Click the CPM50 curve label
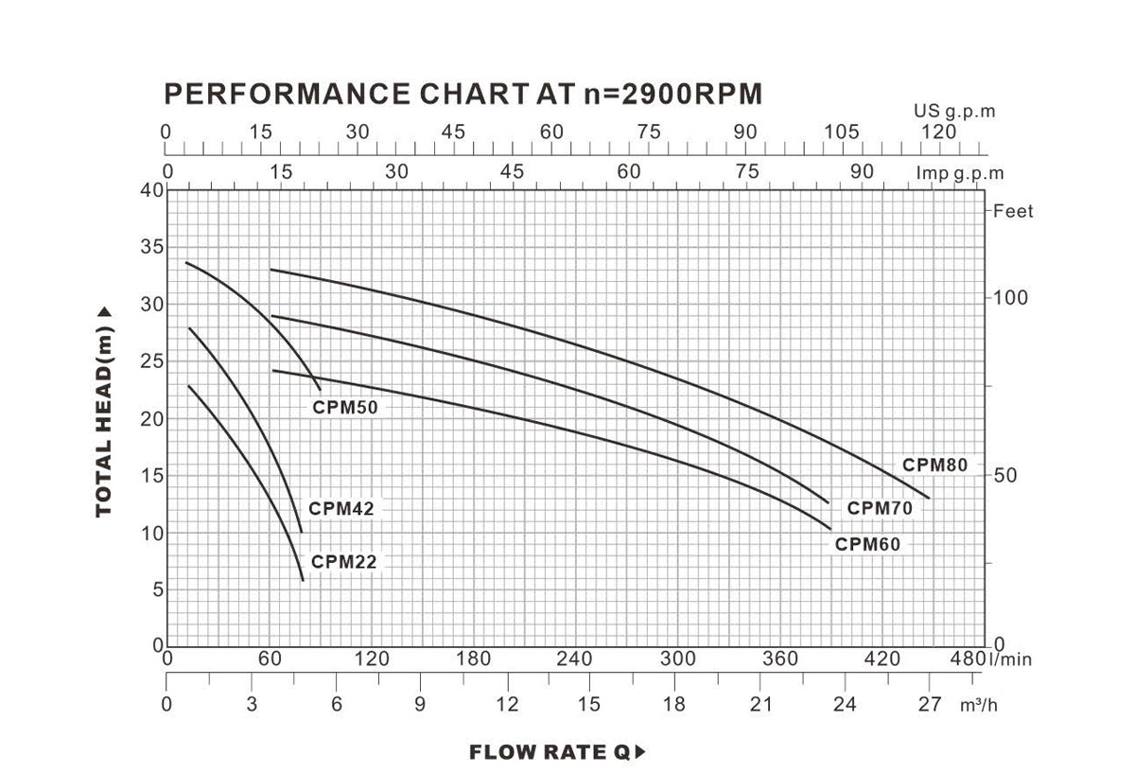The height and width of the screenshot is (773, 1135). click(345, 409)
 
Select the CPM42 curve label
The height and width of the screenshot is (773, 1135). click(341, 509)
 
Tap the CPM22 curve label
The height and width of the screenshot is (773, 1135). click(344, 562)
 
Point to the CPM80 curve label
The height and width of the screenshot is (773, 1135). click(934, 466)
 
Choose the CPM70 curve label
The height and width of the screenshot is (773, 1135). click(880, 508)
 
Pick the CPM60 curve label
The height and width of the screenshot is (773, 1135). click(867, 544)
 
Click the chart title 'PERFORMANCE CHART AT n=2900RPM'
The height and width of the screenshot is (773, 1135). click(463, 94)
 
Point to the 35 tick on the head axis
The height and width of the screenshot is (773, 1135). click(152, 248)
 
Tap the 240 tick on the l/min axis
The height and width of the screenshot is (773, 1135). click(574, 659)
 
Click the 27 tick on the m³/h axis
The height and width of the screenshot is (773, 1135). click(931, 704)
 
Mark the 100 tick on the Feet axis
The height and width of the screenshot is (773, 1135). click(1010, 298)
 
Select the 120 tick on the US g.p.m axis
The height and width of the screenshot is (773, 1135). click(938, 132)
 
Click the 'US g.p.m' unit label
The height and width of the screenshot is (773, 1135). click(954, 112)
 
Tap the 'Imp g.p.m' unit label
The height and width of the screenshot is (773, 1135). click(959, 174)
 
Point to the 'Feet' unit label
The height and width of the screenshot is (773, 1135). click(1013, 211)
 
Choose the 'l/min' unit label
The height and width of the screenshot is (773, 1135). click(1011, 659)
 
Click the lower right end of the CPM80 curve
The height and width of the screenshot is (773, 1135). click(929, 498)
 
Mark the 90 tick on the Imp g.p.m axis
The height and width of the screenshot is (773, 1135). click(862, 172)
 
